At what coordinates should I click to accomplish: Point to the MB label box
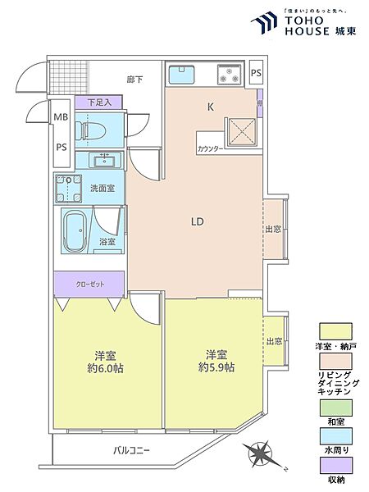[x=61, y=118]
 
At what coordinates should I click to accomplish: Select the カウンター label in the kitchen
[x=212, y=150]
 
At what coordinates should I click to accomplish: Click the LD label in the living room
[x=197, y=221]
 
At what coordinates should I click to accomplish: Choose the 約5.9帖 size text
[x=216, y=368]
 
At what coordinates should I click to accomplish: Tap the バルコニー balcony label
[x=130, y=450]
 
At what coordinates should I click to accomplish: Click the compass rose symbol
[x=262, y=453]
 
